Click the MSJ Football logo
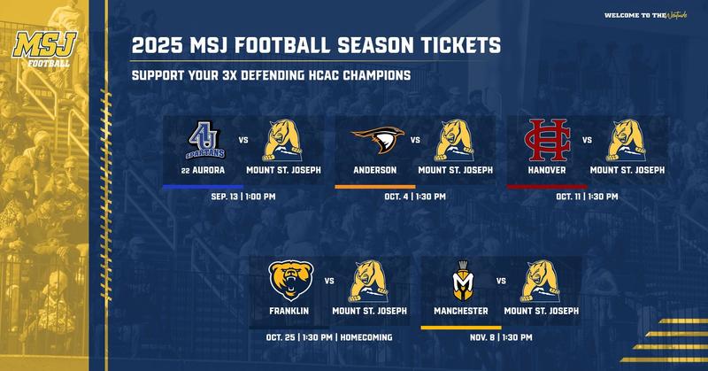coord(42,51)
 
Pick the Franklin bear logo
coord(289,282)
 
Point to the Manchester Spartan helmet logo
coord(461,282)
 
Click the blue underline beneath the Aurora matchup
coord(204,186)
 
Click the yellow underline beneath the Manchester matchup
coord(461,327)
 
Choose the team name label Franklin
coord(289,311)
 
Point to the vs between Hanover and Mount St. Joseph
coord(587,139)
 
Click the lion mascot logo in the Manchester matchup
coord(542,282)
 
